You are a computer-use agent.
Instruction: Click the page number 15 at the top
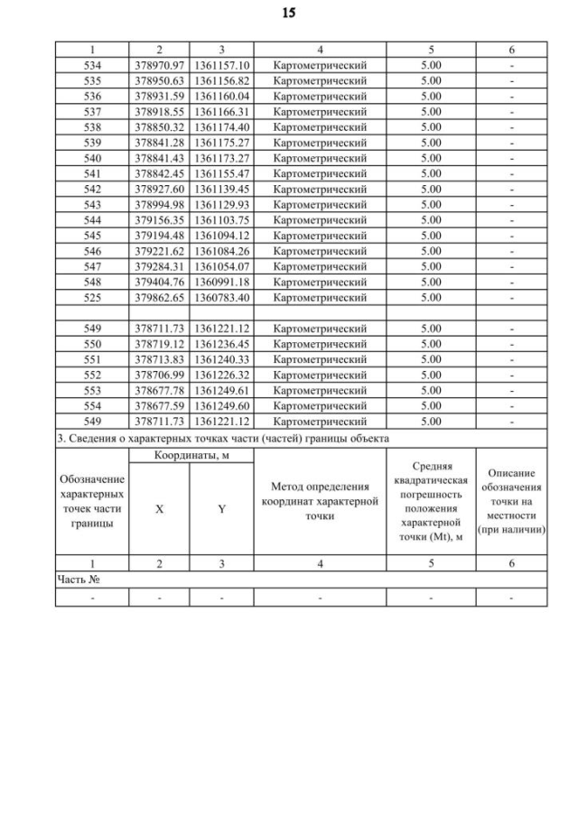coord(288,14)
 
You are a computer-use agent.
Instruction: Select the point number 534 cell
coord(92,65)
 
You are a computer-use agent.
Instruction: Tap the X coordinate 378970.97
coord(159,65)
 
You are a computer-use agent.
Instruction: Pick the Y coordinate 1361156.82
coord(221,80)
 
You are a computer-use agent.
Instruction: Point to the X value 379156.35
coord(159,219)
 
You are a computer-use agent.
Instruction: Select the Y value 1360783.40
coord(221,297)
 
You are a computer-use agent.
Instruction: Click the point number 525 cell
coord(92,297)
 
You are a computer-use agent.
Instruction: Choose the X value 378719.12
coord(159,344)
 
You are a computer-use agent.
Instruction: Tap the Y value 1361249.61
coord(221,390)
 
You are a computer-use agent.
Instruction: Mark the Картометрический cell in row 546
coord(320,251)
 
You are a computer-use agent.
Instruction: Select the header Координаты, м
coord(191,456)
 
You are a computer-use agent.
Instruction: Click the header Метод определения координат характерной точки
coord(320,501)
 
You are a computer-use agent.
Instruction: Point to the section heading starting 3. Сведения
coord(222,439)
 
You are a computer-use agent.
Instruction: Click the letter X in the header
coord(159,509)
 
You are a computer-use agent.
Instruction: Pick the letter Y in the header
coord(221,509)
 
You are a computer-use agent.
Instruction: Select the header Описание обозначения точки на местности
coord(512,501)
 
